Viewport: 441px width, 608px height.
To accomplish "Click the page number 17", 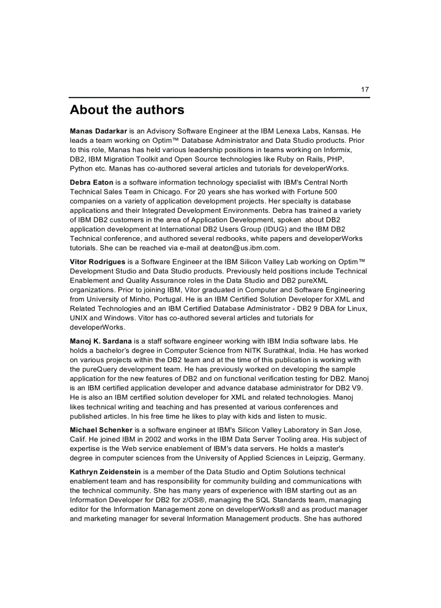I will [365, 90].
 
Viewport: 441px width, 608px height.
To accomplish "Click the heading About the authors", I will [127, 110].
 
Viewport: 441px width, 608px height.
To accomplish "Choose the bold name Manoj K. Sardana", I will [101, 341].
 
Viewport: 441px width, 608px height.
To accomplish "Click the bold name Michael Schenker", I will [101, 430].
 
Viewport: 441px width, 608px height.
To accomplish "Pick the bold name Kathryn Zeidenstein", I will [106, 473].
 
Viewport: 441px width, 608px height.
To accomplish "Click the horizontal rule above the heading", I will [219, 97].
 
